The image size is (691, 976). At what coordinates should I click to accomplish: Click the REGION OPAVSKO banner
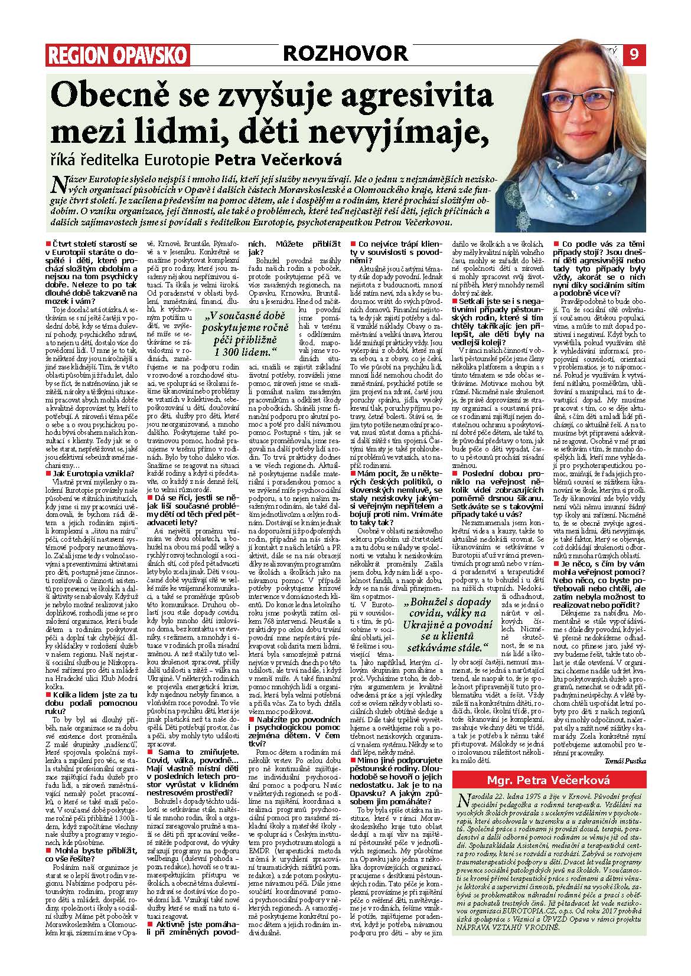pyautogui.click(x=118, y=55)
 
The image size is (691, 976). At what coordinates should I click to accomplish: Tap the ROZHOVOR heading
pyautogui.click(x=345, y=54)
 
